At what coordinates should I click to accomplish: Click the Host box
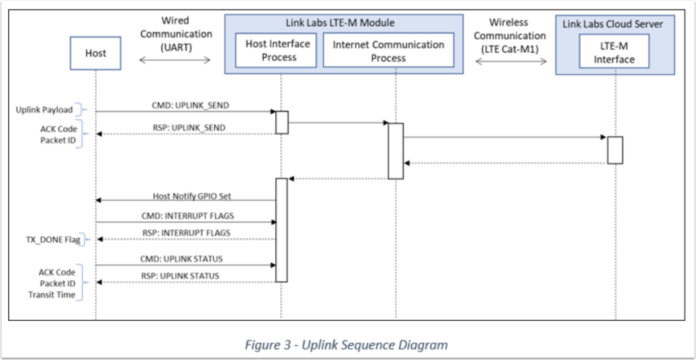[95, 54]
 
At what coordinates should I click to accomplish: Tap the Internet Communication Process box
[389, 50]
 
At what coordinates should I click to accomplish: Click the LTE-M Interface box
[614, 51]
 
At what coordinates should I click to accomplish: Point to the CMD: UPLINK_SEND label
[186, 104]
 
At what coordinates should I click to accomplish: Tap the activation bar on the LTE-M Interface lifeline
[615, 149]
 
